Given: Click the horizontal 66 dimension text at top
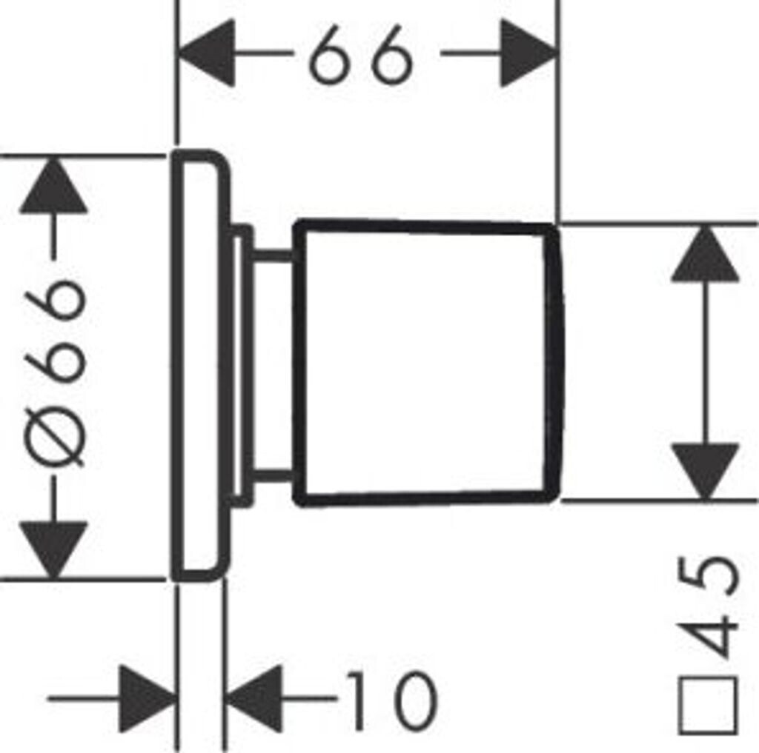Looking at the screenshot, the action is pos(361,55).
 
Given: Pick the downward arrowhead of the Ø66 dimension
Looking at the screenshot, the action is pos(53,548).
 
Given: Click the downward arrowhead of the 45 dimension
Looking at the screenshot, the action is pos(705,470).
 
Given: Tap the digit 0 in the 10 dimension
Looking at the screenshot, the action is pos(408,699).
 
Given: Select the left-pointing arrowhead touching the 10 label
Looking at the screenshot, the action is pos(254,698).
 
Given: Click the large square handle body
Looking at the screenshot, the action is pos(426,363).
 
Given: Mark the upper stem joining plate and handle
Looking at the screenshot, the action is pos(273,256).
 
